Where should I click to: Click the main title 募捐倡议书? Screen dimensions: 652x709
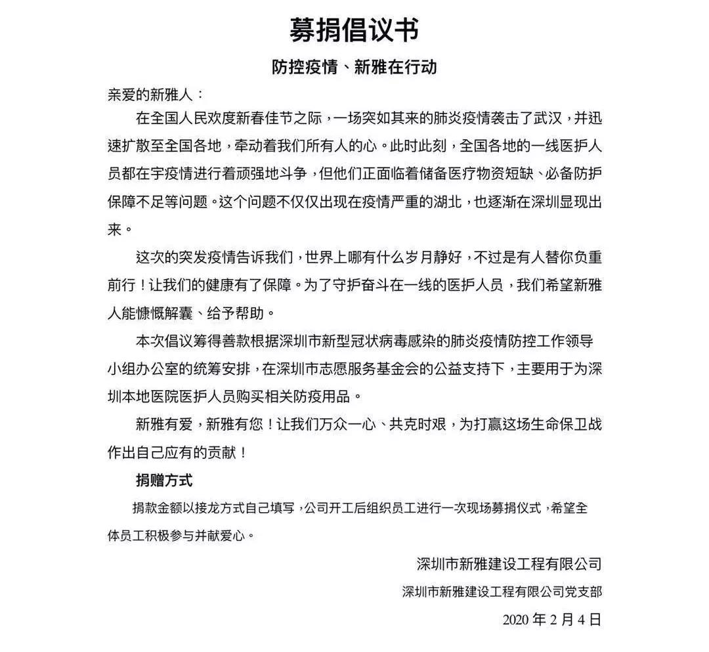(x=354, y=30)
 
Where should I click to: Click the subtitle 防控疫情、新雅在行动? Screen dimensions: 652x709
(x=354, y=67)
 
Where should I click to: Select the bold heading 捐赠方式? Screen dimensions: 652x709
(x=164, y=480)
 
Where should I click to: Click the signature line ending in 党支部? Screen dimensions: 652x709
(x=502, y=591)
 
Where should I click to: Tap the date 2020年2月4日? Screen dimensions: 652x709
(x=551, y=619)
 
